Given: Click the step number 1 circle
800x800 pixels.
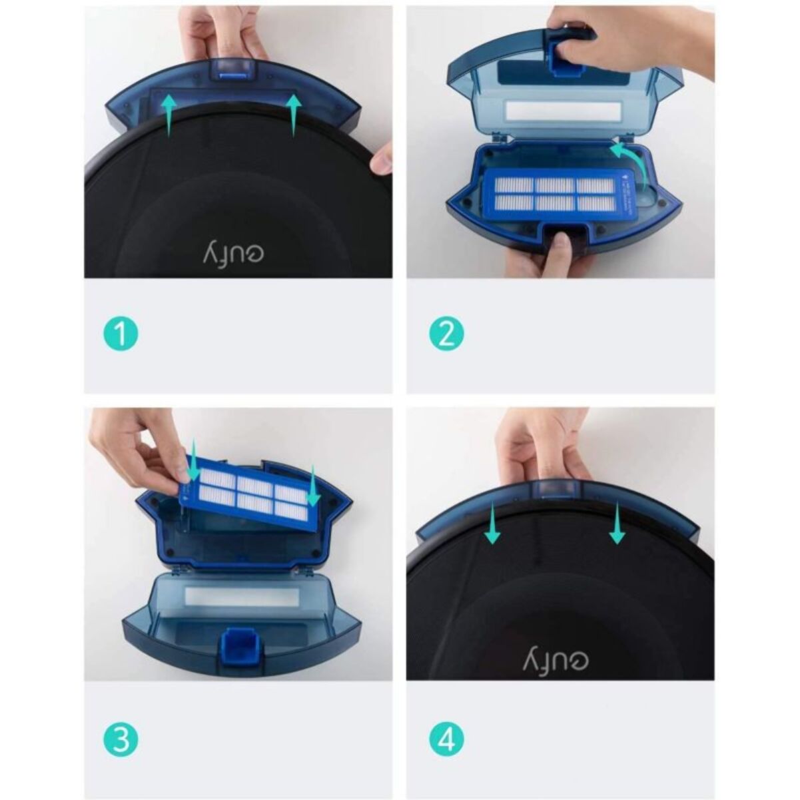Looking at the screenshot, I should (x=121, y=334).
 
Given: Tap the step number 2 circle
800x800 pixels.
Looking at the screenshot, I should (x=446, y=334).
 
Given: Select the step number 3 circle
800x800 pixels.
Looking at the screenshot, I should (x=121, y=740).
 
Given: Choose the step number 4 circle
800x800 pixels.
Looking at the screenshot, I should (x=446, y=740).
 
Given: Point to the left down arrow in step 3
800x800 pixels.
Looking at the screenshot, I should (x=192, y=460).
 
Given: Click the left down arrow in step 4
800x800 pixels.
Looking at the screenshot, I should (x=494, y=524).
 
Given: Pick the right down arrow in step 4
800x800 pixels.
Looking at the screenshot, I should (x=617, y=524).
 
